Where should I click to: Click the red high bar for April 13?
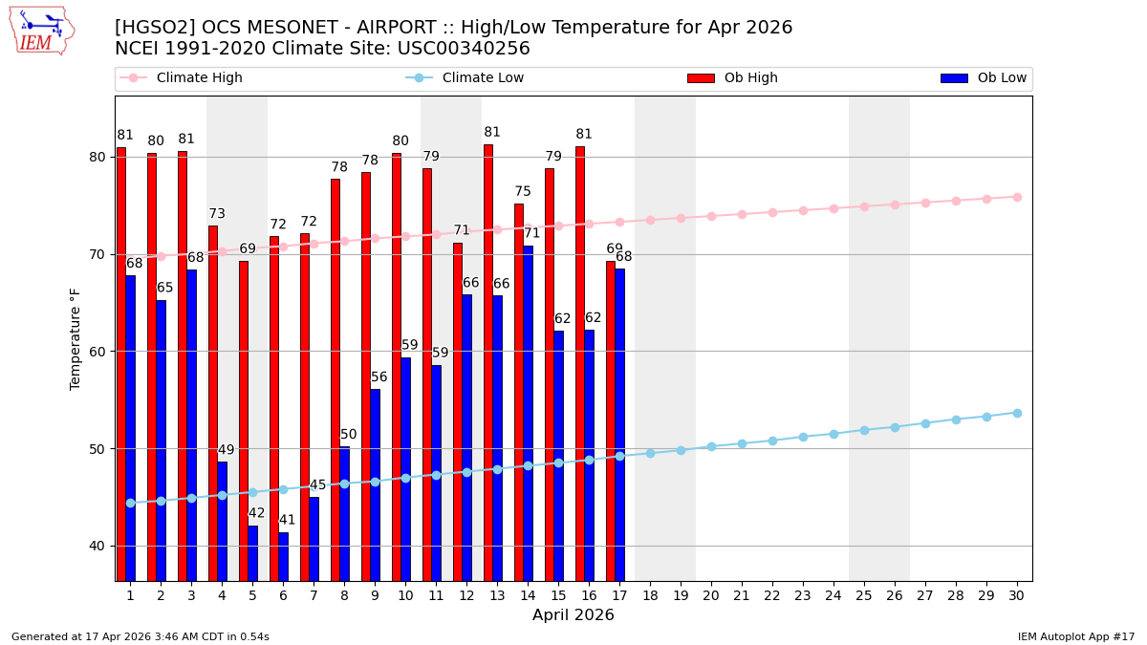point(488,363)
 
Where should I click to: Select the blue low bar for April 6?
point(283,556)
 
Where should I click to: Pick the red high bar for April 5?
point(244,420)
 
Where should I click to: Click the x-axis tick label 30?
point(1017,595)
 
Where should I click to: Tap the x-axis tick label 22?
point(772,595)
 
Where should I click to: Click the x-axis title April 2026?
point(573,615)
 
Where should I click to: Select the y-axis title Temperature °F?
point(76,338)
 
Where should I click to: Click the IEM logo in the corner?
point(41,31)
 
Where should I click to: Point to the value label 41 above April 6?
point(287,521)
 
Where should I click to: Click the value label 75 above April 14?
point(523,192)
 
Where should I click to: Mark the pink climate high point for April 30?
point(1017,197)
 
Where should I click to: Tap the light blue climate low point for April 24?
point(833,434)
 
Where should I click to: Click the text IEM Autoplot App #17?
point(1076,636)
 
